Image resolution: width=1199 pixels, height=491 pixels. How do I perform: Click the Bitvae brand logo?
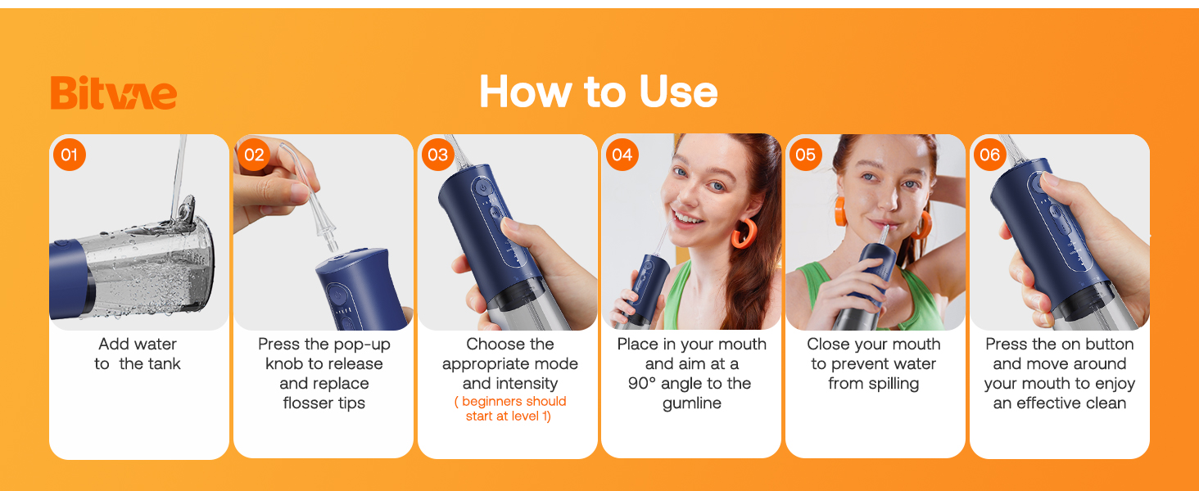point(113,92)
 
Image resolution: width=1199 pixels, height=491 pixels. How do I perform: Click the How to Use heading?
point(598,92)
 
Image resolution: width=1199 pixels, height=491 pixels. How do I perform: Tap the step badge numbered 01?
point(70,155)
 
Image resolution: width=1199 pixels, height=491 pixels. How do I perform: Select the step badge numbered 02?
point(254,155)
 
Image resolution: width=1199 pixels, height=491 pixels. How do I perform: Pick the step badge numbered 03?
point(438,155)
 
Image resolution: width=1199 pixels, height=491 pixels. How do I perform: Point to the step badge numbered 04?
point(622,155)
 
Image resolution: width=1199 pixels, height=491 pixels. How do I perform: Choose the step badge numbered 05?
point(806,155)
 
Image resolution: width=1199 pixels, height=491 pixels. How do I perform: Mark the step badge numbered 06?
point(990,155)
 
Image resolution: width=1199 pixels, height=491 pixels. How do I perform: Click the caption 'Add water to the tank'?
point(138,354)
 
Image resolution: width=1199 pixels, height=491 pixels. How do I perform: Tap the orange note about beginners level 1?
point(509,408)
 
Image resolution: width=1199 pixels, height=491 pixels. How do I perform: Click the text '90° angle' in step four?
point(671,384)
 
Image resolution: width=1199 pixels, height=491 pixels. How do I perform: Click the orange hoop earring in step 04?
point(744,232)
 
